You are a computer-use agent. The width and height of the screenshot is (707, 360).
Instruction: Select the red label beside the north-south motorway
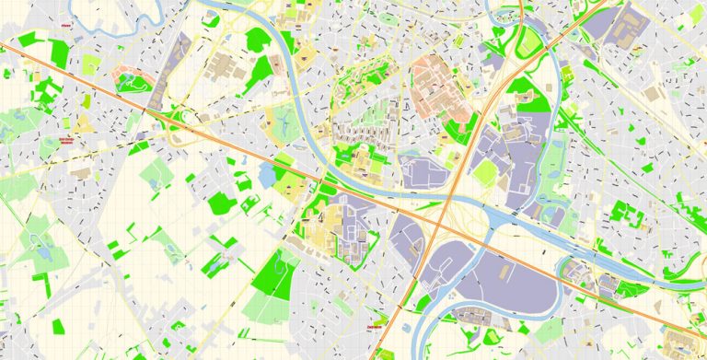point(375,326)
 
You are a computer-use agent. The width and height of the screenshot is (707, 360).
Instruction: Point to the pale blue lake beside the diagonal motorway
point(268,174)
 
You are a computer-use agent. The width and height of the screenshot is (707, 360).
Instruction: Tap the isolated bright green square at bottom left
point(58,326)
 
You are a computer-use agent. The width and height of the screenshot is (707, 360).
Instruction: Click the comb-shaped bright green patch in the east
point(628,215)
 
